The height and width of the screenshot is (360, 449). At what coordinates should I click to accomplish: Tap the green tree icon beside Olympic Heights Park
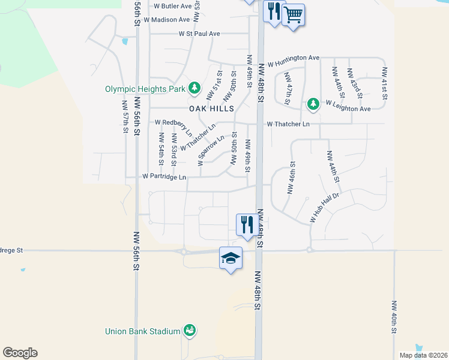click(x=194, y=88)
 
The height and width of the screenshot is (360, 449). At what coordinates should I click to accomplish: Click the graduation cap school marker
click(x=231, y=258)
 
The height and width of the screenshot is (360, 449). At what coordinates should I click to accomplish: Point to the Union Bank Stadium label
click(x=142, y=331)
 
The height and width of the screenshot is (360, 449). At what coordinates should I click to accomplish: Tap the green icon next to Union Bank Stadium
click(x=190, y=331)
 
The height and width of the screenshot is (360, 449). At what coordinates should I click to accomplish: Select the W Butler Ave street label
click(x=172, y=6)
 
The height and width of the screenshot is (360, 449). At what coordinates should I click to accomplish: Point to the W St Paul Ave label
click(x=199, y=34)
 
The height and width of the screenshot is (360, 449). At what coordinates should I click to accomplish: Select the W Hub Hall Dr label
click(x=325, y=208)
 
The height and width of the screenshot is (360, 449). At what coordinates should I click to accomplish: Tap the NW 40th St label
click(x=394, y=317)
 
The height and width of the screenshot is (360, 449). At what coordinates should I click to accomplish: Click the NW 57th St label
click(x=125, y=118)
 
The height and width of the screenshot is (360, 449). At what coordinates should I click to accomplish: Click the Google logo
click(x=20, y=353)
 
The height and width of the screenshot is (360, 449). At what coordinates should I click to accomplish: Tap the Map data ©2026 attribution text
click(x=423, y=355)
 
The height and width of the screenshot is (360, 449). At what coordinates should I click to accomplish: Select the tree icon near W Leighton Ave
click(x=313, y=104)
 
